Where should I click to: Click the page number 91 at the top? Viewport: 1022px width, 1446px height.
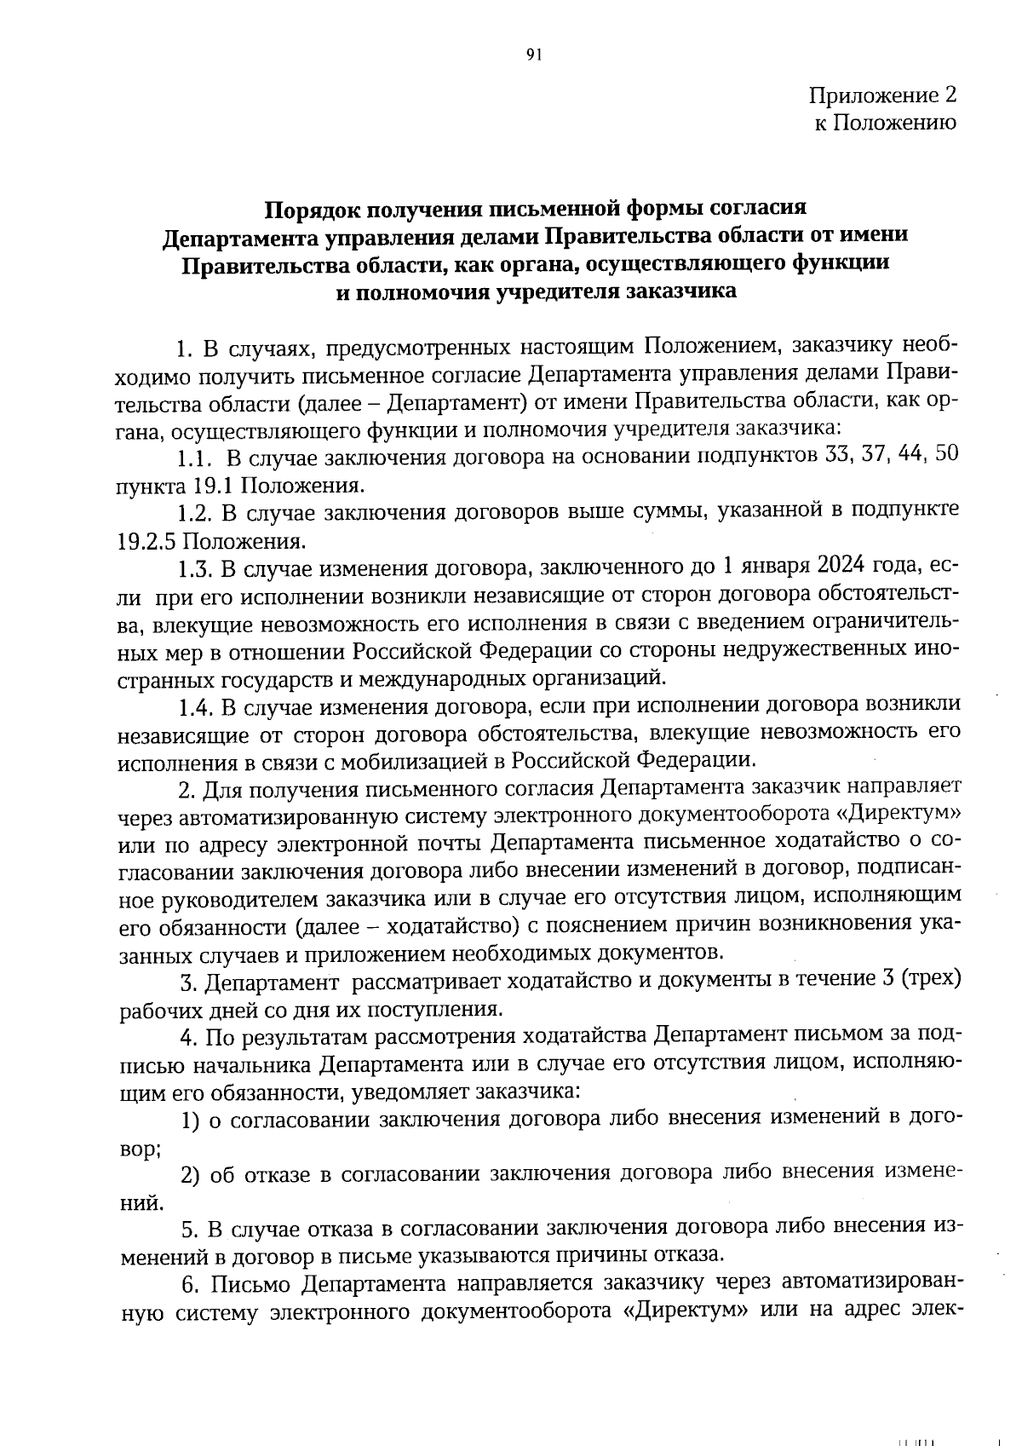coord(534,55)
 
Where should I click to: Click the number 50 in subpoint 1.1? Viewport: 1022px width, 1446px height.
coord(947,456)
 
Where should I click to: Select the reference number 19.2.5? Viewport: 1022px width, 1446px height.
coord(147,541)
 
